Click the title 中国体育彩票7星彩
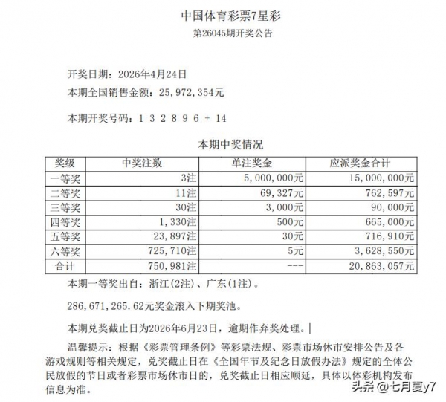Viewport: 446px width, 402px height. [223, 15]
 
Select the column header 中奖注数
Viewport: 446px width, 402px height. [141, 163]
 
